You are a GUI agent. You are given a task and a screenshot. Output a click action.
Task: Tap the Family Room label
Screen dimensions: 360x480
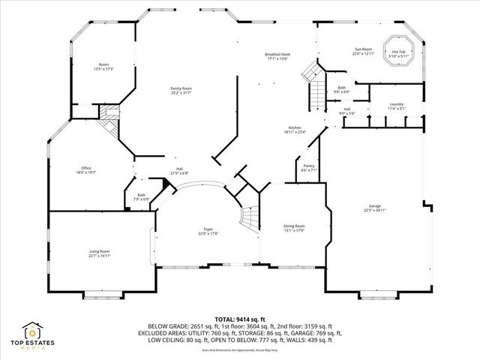pyautogui.click(x=181, y=91)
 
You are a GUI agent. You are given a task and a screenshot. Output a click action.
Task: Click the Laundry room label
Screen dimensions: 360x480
pyautogui.click(x=397, y=106)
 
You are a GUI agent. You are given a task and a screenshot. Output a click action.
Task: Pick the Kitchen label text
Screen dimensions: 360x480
pyautogui.click(x=295, y=130)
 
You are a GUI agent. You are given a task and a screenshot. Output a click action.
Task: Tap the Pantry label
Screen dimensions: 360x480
pyautogui.click(x=308, y=168)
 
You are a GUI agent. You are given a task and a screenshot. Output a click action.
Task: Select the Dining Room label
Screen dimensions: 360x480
pyautogui.click(x=294, y=228)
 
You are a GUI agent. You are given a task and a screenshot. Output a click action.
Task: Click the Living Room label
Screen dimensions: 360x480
pyautogui.click(x=100, y=253)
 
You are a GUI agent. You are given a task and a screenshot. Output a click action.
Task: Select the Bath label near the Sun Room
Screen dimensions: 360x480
pyautogui.click(x=341, y=89)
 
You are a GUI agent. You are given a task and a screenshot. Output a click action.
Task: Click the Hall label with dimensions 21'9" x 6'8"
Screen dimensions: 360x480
pyautogui.click(x=179, y=170)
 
